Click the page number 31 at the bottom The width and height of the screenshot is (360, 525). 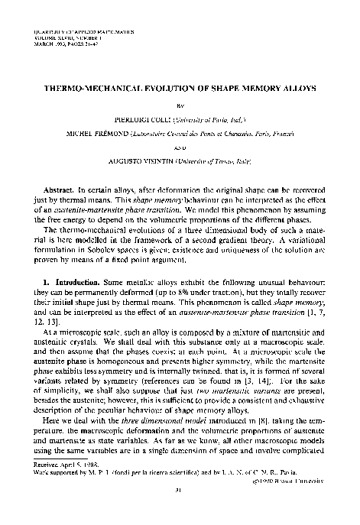[x=180, y=511]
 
